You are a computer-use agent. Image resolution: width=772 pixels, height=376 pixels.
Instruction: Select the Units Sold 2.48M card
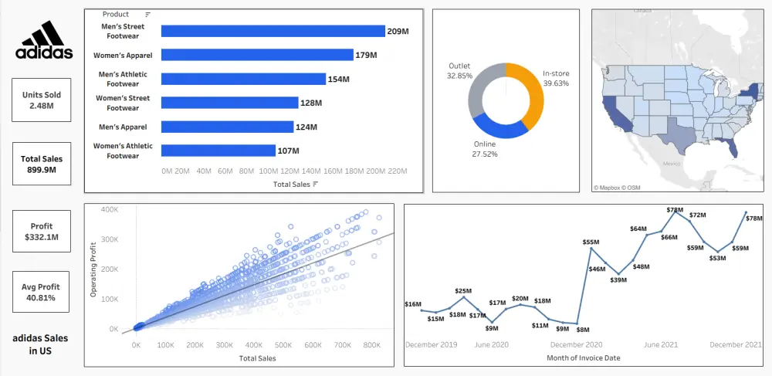(x=41, y=100)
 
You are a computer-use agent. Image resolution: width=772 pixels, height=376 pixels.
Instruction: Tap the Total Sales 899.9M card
(x=41, y=164)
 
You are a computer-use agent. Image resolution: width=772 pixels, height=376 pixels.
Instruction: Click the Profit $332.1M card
(x=41, y=231)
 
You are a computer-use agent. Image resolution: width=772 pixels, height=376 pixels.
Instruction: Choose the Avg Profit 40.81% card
(x=41, y=292)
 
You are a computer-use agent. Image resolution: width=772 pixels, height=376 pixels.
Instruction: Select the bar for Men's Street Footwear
(x=273, y=31)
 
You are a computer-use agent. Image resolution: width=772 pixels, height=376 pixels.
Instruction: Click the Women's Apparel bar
(x=257, y=55)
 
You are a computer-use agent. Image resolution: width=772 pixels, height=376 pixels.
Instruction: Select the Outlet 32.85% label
(x=459, y=71)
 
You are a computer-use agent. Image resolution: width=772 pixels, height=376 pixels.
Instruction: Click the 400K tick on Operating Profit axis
(x=108, y=209)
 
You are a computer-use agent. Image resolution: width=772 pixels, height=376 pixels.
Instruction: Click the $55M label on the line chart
(x=591, y=242)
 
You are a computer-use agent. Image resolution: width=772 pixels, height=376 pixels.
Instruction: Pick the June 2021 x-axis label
(x=661, y=345)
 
